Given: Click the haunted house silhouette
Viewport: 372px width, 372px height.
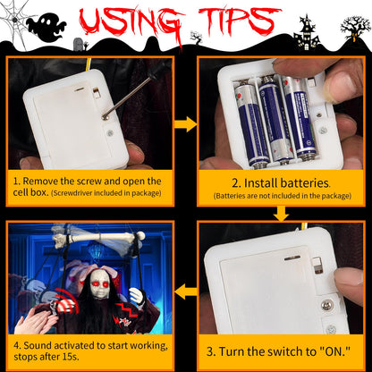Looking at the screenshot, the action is pos(306,34).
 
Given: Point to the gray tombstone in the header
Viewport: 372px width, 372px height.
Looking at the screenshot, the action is pos(78,44).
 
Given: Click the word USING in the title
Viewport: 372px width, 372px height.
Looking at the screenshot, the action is pos(131,21).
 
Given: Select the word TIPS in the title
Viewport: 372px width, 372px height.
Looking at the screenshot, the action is pos(240,21).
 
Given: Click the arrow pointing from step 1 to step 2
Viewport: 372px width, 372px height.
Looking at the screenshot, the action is pos(185,124).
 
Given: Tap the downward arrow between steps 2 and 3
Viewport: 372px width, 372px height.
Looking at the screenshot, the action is pos(281,214).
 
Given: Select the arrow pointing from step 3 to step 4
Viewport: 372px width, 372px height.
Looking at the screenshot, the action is pos(185,292).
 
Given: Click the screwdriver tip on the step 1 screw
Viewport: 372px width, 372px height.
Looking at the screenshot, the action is pos(105,117).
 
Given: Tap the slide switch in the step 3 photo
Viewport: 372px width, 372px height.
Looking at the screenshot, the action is pos(317,266).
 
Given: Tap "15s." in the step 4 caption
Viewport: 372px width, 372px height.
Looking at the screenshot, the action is pos(71,357).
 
